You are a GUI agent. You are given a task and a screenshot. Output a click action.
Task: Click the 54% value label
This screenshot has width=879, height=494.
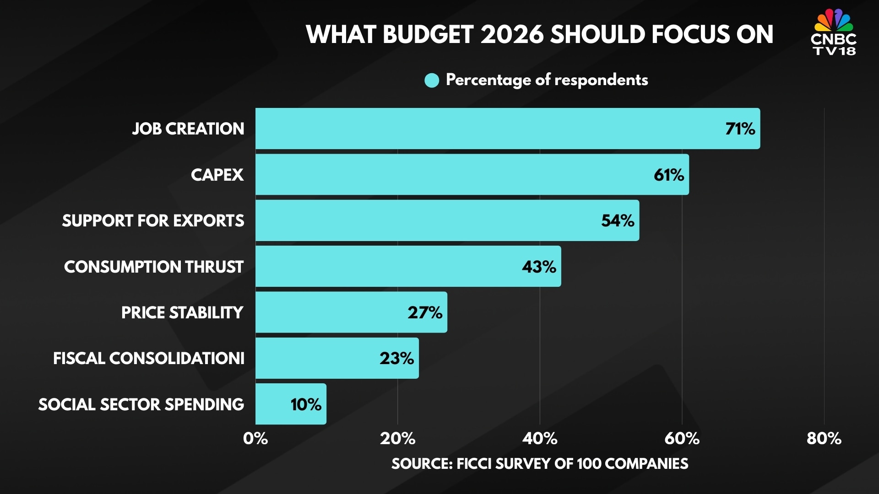pos(618,221)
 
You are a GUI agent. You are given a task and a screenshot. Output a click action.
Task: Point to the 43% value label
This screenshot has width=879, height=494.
pos(539,267)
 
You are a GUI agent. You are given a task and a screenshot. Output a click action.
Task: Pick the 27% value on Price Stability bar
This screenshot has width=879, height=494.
pos(425,312)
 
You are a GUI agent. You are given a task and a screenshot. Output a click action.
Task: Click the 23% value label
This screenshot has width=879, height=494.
pos(396,358)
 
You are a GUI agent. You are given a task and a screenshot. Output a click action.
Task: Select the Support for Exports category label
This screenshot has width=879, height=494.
pos(153,221)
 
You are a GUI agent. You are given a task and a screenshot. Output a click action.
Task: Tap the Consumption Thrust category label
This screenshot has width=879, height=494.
pos(153,267)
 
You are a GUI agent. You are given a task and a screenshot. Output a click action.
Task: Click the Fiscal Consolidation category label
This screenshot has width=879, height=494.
pos(148,358)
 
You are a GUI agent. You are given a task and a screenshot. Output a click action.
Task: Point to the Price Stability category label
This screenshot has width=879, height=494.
pos(182,312)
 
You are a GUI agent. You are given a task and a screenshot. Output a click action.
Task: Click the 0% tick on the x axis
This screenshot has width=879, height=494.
pos(255,439)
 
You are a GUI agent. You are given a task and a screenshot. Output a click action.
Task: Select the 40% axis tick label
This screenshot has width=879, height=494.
pos(540,439)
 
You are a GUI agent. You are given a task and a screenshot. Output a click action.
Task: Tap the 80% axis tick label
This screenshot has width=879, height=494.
pos(824,439)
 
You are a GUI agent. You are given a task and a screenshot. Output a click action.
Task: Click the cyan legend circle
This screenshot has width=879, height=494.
pos(432,81)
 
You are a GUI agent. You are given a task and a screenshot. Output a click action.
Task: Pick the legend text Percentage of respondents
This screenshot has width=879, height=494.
pos(547,80)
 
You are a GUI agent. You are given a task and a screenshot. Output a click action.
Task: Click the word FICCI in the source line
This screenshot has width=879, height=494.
pos(474,464)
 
